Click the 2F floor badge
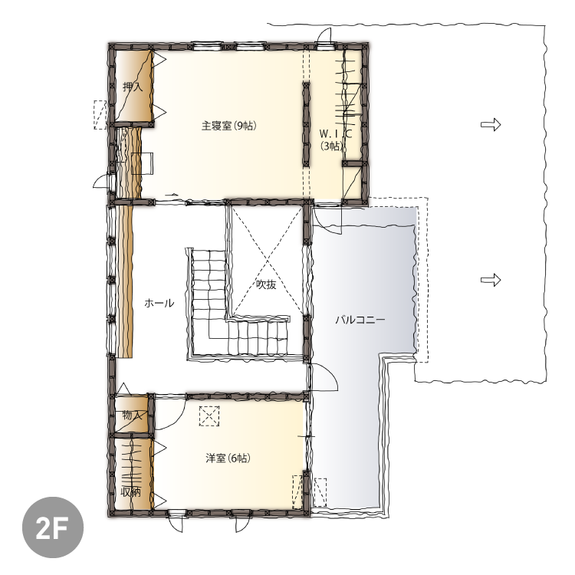(53, 527)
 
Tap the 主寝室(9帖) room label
(228, 126)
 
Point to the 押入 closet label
(133, 87)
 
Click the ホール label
(159, 304)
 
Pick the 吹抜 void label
(266, 284)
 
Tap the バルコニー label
(360, 320)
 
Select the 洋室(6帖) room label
(228, 458)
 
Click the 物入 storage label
(132, 416)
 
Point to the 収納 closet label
(131, 492)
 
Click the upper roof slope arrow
(491, 125)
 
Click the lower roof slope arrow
(491, 281)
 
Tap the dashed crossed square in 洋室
(209, 416)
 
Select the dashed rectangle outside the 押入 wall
(100, 114)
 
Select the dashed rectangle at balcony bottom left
(320, 492)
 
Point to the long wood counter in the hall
(125, 281)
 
